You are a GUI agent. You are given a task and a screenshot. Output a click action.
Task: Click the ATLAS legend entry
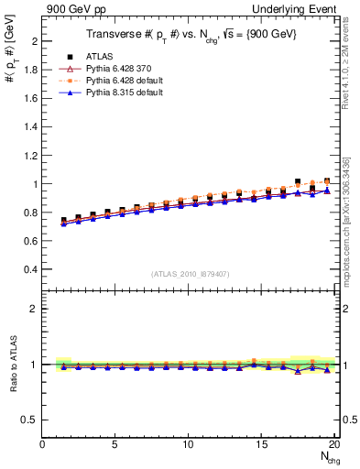(x=96, y=56)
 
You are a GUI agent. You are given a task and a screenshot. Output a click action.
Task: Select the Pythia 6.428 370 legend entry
(x=115, y=68)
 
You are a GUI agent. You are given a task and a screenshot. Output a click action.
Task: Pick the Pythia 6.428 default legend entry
(x=117, y=80)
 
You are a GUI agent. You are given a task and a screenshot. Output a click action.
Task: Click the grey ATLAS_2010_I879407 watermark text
(x=190, y=274)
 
